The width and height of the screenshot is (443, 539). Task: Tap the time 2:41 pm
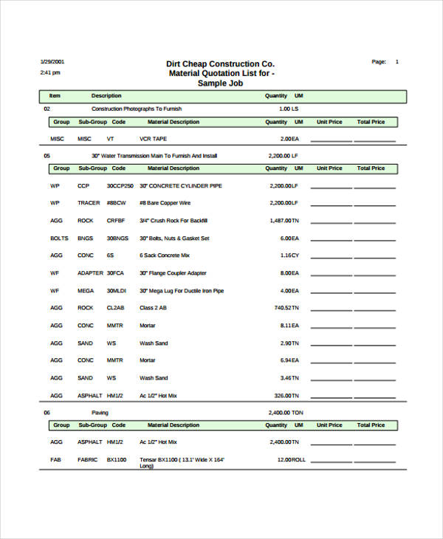(49, 73)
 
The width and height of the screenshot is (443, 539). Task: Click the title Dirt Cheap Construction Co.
(220, 63)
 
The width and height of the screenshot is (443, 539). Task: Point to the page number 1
(397, 62)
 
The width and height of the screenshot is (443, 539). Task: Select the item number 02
(47, 109)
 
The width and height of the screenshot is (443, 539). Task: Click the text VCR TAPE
(153, 139)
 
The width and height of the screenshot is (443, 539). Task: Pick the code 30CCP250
(120, 186)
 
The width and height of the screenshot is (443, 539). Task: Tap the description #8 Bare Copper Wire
(165, 203)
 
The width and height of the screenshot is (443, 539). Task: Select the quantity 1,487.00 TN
(284, 221)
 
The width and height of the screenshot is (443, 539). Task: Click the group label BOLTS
(59, 238)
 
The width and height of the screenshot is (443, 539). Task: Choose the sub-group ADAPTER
(90, 273)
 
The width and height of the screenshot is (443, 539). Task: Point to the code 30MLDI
(117, 291)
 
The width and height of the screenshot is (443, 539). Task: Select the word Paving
(100, 413)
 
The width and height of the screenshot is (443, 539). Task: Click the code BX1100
(117, 459)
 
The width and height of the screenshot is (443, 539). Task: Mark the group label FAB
(55, 459)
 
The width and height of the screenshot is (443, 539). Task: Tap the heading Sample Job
(221, 83)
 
